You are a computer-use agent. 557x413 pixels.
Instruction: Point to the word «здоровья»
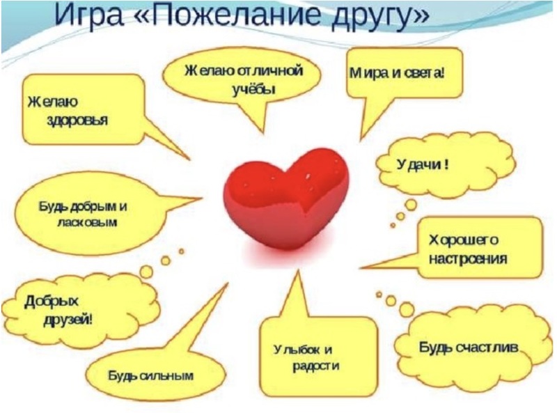tap(77, 120)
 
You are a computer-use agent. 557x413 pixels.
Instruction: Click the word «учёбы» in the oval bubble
tap(253, 89)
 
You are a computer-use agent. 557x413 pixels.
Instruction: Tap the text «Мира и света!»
tap(397, 73)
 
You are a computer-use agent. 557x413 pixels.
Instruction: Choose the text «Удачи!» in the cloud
tap(423, 164)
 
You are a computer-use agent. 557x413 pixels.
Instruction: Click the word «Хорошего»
tap(464, 240)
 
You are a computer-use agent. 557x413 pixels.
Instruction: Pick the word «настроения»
tap(468, 259)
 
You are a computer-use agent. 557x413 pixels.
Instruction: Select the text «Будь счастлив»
tap(469, 347)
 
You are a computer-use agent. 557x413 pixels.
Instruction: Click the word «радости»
tap(316, 366)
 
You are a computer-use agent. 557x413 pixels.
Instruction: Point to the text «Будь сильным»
tap(151, 375)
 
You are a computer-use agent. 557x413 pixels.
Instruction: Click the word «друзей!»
tap(68, 320)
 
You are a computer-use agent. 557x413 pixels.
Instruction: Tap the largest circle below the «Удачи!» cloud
tap(411, 205)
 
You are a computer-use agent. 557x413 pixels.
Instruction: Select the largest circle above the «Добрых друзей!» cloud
tap(146, 272)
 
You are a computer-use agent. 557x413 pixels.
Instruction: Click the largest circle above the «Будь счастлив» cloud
tap(407, 309)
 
